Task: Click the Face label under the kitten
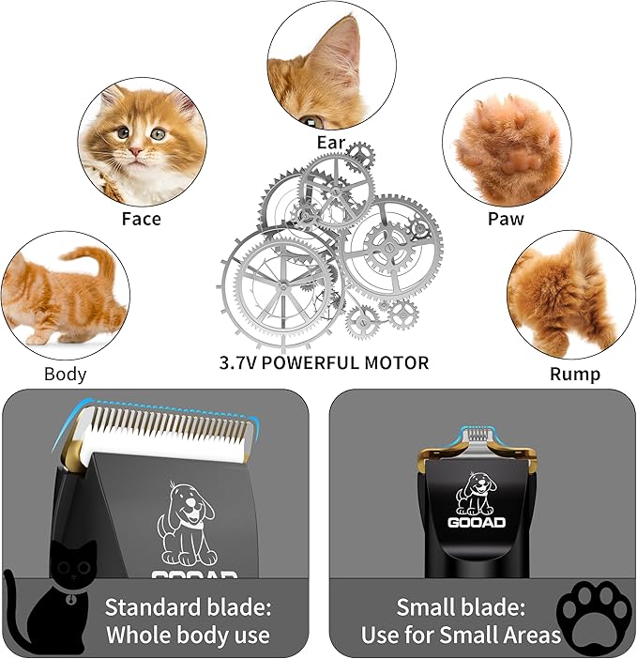(x=141, y=219)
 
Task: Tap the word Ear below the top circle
(x=331, y=144)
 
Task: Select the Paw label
(x=506, y=219)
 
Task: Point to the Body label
(x=65, y=374)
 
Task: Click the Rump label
(x=575, y=374)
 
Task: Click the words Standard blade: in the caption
(x=187, y=605)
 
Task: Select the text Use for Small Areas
(x=461, y=636)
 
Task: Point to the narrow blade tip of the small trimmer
(x=478, y=435)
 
